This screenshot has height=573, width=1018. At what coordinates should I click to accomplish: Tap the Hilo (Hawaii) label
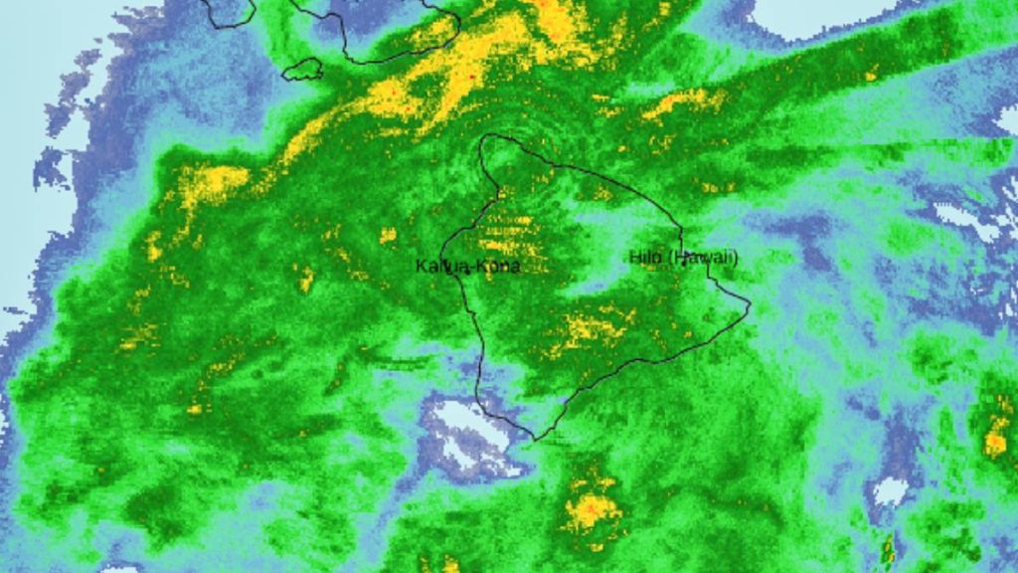[683, 258]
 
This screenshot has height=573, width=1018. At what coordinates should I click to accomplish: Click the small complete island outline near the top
[303, 70]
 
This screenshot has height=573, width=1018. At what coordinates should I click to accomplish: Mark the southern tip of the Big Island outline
[535, 439]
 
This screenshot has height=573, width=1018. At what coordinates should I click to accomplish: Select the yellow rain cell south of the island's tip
[592, 510]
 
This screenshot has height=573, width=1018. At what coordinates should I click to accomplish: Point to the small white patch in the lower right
[890, 490]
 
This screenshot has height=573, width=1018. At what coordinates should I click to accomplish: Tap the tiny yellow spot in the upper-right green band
[871, 75]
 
